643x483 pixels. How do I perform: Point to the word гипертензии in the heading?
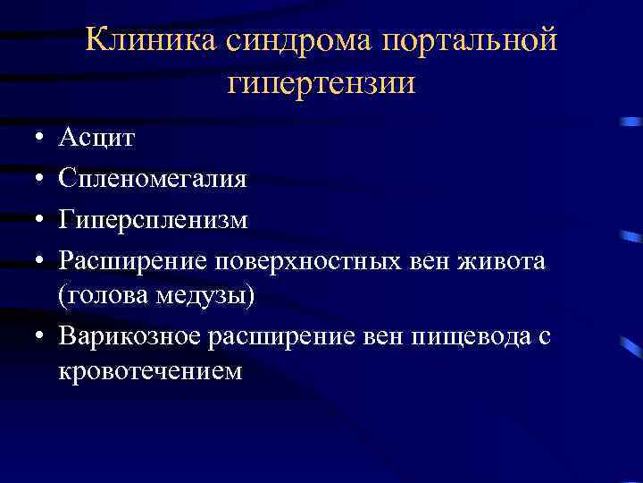321,85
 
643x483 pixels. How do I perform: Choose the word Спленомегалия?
153,179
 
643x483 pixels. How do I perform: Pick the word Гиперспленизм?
153,221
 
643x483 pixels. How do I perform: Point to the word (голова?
98,296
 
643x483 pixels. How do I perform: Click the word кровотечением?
150,371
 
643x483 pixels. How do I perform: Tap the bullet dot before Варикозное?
30,338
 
